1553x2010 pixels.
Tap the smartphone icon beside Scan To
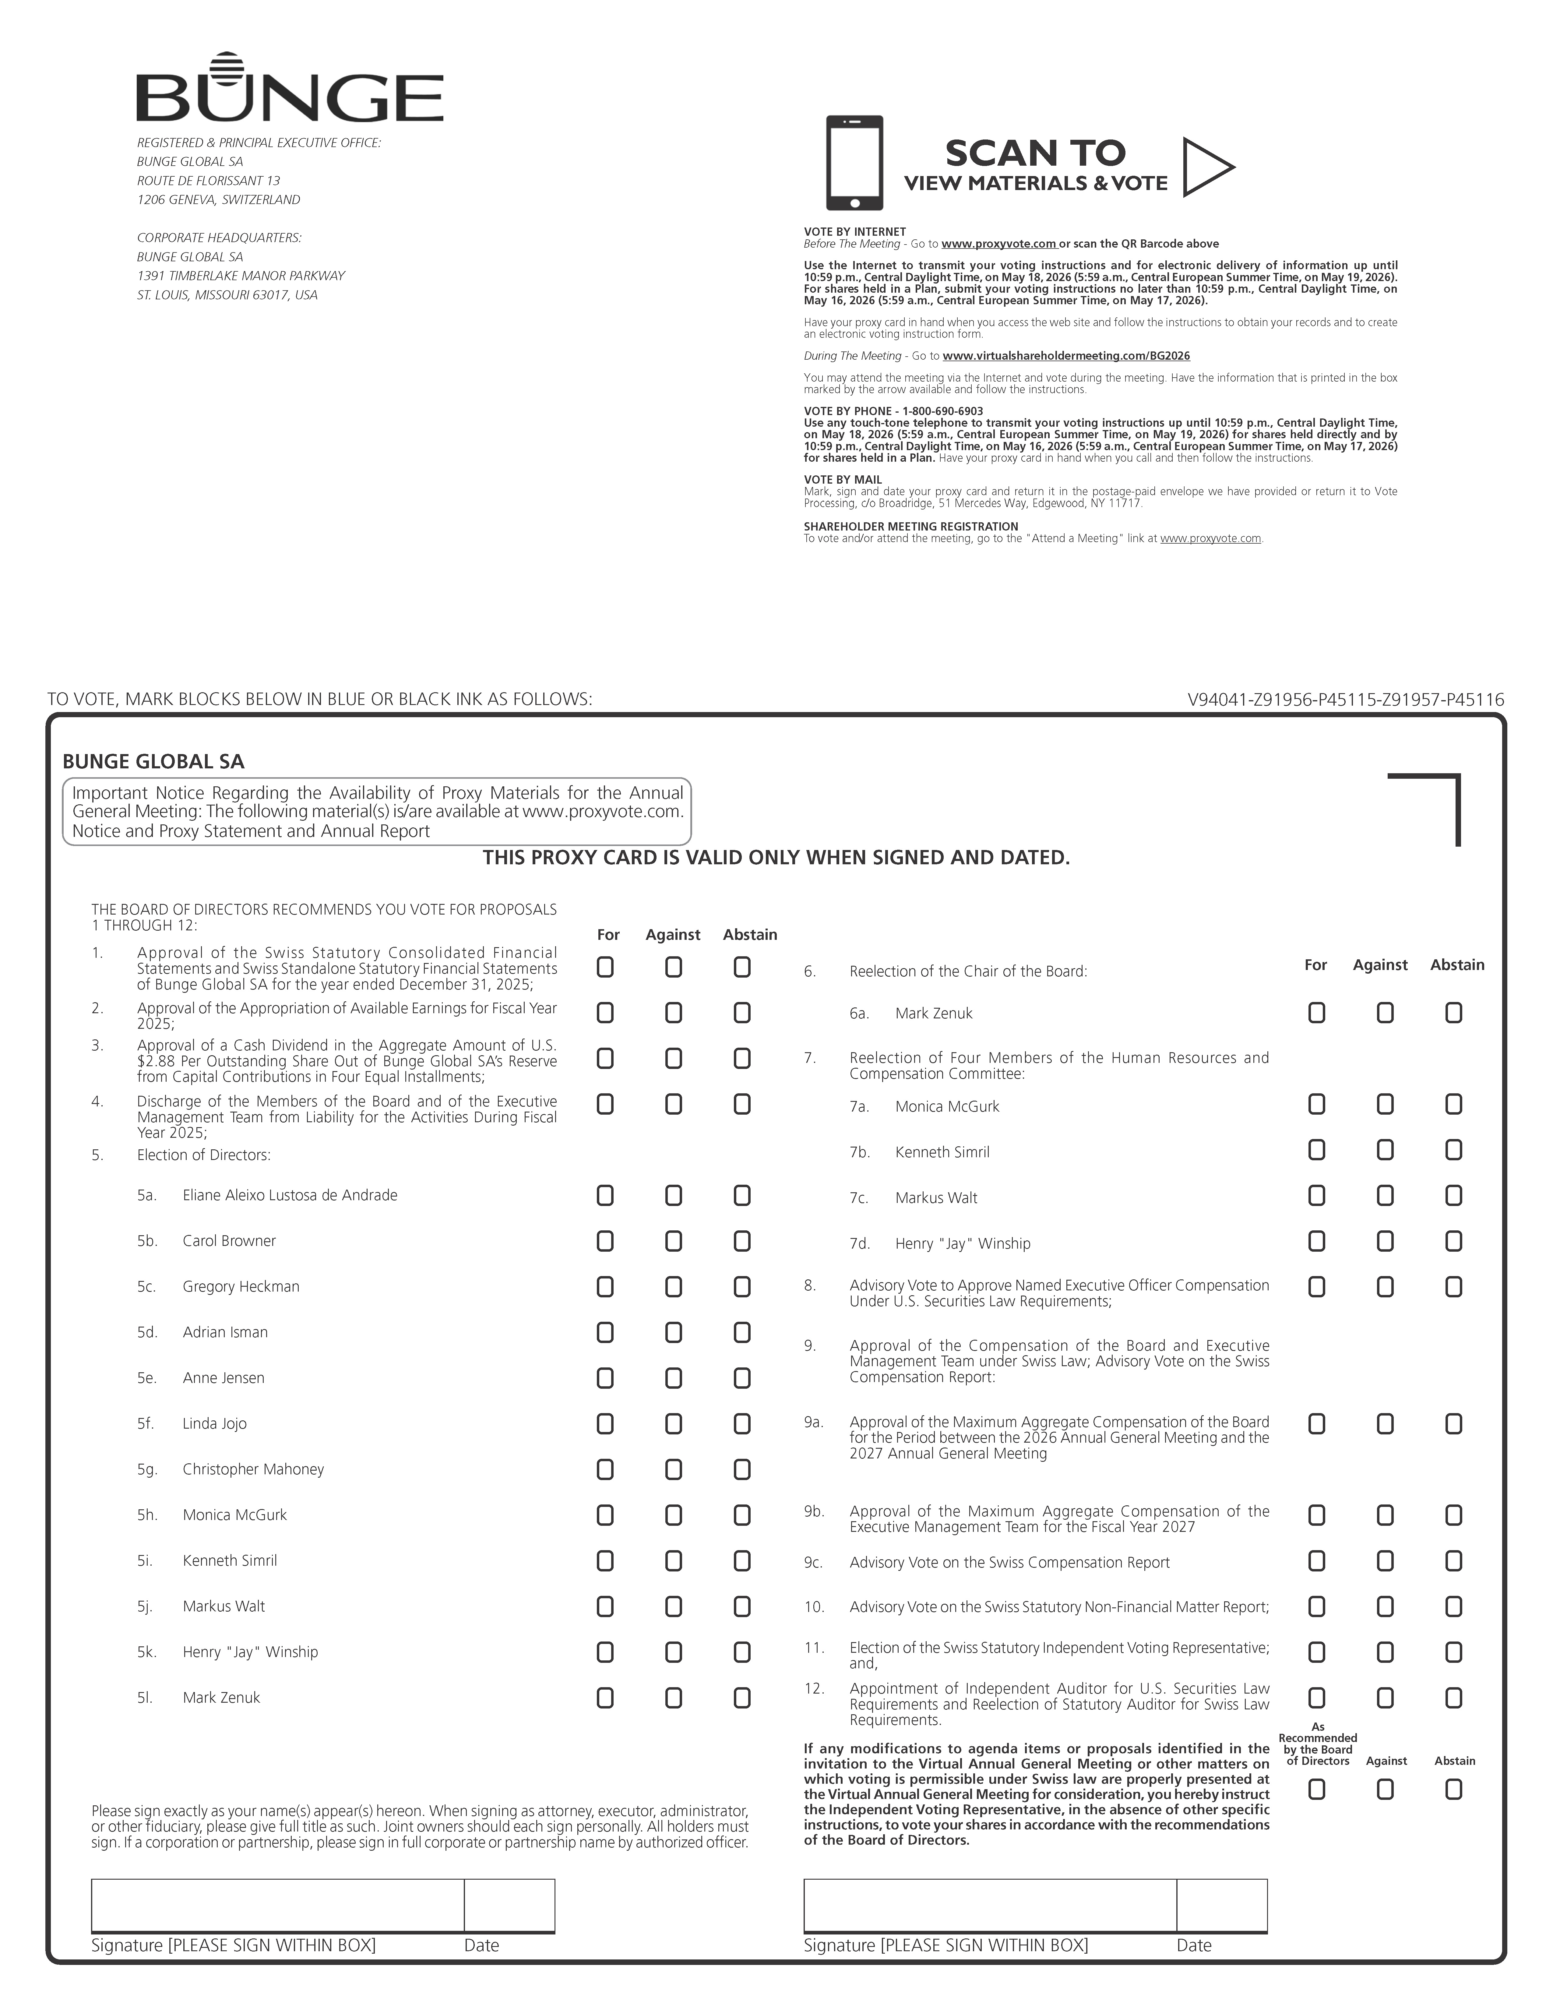pyautogui.click(x=854, y=163)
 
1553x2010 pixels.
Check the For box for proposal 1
pyautogui.click(x=604, y=967)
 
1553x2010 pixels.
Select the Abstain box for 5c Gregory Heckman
pyautogui.click(x=741, y=1287)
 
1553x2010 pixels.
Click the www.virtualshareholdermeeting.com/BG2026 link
pyautogui.click(x=1066, y=356)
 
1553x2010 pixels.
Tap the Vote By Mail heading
pyautogui.click(x=843, y=479)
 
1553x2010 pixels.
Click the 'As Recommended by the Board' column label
pyautogui.click(x=1318, y=1744)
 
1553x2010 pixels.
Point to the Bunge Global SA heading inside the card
pyautogui.click(x=154, y=762)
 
